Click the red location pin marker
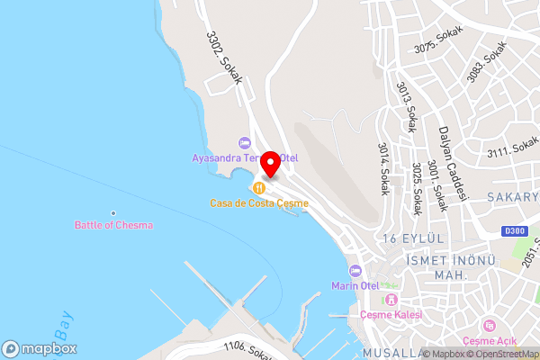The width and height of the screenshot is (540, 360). (270, 166)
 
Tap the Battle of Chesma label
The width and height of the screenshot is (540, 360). (113, 225)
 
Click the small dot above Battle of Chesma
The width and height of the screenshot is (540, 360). (113, 213)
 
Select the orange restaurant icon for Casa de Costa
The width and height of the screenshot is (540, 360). (259, 188)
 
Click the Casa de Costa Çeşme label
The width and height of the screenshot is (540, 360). (259, 203)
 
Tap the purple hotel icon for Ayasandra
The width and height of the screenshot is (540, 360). (244, 142)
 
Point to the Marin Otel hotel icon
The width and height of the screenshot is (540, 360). (355, 271)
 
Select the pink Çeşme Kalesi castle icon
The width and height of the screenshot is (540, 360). (391, 299)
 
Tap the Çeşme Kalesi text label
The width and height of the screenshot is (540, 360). (391, 314)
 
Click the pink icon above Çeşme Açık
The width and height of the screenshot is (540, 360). (489, 325)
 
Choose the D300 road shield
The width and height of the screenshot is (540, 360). (515, 231)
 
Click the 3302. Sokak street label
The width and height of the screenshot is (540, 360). (225, 59)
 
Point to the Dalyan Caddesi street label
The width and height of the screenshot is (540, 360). (444, 155)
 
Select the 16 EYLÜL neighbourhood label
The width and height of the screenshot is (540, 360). (414, 238)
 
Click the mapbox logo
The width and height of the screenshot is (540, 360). (40, 348)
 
